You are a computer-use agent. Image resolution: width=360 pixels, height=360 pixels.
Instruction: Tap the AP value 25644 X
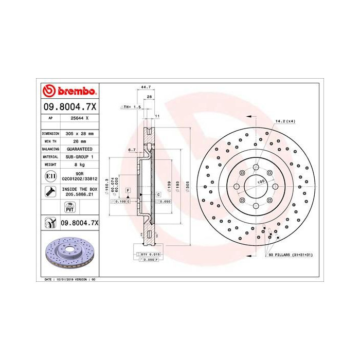[x=76, y=118]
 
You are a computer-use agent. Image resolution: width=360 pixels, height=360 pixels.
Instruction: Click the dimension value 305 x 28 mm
[x=76, y=133]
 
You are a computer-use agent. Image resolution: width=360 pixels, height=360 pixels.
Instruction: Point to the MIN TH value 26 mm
[x=76, y=140]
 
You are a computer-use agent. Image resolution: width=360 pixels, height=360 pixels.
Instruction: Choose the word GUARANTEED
[x=76, y=148]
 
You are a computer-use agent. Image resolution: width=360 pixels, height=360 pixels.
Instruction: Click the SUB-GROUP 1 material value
[x=76, y=156]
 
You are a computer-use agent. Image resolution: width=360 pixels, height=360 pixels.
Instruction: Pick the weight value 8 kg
[x=76, y=164]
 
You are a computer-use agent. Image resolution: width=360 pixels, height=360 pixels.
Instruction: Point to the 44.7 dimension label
[x=145, y=88]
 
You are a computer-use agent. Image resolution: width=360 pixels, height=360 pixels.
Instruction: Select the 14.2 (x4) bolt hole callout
[x=286, y=121]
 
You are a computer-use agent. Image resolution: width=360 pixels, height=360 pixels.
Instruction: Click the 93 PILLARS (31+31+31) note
[x=291, y=255]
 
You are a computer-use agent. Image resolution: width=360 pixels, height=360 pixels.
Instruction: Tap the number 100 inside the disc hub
[x=260, y=182]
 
